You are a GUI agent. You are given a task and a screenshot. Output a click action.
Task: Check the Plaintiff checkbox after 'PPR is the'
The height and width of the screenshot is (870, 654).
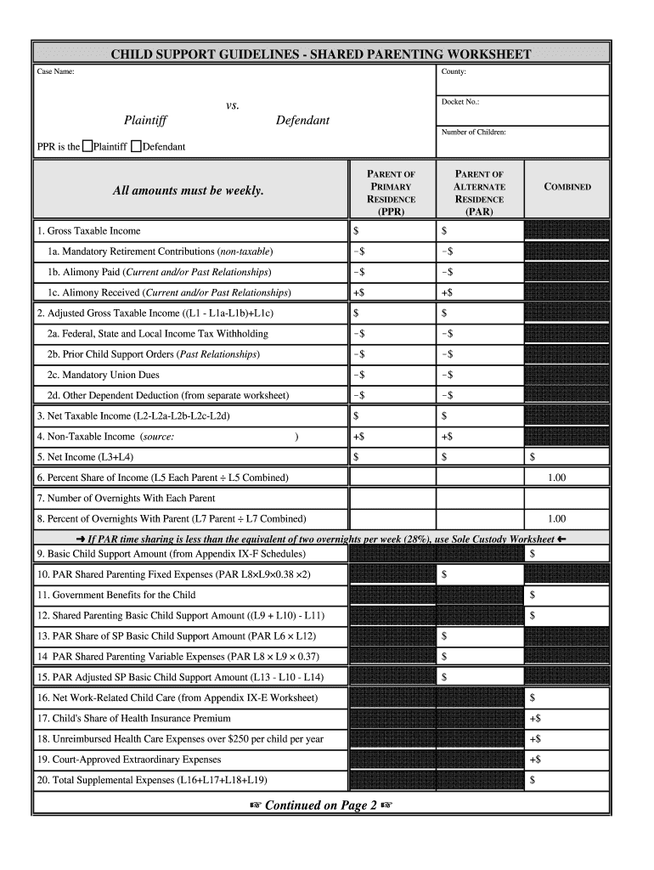[87, 146]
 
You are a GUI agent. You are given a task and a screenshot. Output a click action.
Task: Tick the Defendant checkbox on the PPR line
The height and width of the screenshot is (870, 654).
[137, 146]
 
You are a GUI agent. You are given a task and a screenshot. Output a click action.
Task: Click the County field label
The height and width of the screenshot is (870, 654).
[453, 72]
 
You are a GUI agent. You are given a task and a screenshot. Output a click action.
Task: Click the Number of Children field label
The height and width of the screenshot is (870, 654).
[473, 132]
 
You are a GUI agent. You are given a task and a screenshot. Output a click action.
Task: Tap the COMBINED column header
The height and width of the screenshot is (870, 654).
[567, 187]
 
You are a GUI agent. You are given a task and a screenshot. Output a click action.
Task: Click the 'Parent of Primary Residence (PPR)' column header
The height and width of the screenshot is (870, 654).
[391, 193]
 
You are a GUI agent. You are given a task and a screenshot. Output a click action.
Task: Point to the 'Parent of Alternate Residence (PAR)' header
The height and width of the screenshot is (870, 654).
[479, 193]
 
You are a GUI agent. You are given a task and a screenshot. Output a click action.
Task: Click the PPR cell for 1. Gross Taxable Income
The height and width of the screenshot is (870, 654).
[391, 231]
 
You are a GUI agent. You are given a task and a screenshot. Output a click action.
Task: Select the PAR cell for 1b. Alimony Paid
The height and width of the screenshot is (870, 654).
[479, 272]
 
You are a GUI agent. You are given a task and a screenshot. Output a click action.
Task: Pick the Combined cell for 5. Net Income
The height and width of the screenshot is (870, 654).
[567, 457]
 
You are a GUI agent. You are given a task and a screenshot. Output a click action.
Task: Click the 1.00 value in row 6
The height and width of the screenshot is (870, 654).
[556, 477]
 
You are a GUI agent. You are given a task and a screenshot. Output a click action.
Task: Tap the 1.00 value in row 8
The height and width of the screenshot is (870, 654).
[556, 518]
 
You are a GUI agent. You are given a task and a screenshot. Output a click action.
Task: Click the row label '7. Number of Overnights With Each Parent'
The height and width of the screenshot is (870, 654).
[126, 498]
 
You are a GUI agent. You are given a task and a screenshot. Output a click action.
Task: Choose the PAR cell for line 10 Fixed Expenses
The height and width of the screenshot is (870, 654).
[479, 575]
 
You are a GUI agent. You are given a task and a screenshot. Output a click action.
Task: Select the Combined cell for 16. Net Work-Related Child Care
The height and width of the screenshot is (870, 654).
[567, 698]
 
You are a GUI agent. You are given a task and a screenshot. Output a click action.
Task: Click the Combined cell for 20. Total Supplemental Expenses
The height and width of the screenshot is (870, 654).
[567, 780]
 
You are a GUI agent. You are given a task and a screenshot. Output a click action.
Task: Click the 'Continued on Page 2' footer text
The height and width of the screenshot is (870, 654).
[321, 805]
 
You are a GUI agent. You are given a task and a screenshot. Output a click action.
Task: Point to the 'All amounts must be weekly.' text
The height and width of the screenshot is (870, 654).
[189, 190]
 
